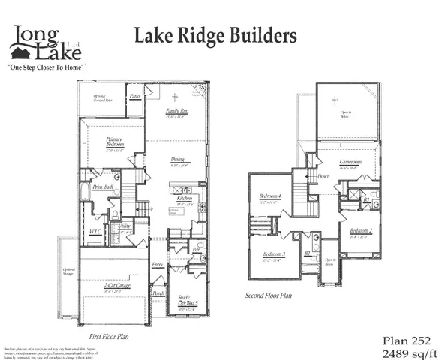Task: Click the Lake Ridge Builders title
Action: [x=215, y=35]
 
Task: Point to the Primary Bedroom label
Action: [x=114, y=142]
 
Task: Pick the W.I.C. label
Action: [x=95, y=232]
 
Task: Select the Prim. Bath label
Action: [x=103, y=187]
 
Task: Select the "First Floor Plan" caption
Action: [x=110, y=336]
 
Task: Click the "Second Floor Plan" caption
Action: [x=268, y=295]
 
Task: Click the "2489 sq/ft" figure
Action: [x=404, y=349]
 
